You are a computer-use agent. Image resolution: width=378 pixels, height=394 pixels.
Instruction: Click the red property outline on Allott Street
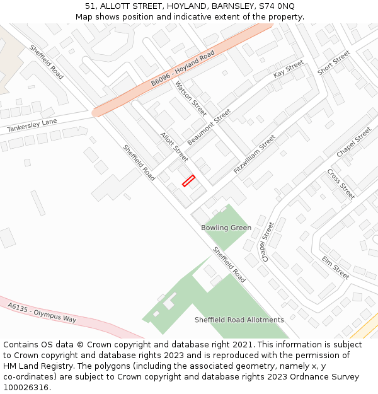(188, 181)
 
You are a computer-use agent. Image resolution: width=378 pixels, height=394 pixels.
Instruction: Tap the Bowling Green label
(226, 228)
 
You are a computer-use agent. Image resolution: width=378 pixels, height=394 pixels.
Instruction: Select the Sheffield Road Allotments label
(239, 320)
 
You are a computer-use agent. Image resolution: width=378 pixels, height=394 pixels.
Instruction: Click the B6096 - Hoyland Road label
(182, 69)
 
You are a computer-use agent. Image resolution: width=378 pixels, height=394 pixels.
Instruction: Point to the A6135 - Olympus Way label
(42, 311)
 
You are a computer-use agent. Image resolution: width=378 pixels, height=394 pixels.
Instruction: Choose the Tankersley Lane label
(31, 125)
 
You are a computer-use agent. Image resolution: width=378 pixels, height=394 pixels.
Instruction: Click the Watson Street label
(191, 98)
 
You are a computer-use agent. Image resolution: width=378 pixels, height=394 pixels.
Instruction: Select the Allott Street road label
(174, 146)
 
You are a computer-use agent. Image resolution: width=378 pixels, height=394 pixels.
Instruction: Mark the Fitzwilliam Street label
(255, 154)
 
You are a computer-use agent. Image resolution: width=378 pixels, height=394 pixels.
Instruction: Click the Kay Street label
(288, 69)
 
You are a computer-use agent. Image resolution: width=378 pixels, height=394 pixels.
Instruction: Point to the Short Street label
(333, 63)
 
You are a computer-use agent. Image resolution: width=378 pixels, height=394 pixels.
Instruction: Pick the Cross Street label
(341, 183)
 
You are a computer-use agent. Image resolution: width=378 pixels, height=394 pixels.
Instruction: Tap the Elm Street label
(335, 268)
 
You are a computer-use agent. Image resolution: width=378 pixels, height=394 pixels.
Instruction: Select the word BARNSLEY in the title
(234, 6)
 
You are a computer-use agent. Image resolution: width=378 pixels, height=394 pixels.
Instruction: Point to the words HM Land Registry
(39, 366)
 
